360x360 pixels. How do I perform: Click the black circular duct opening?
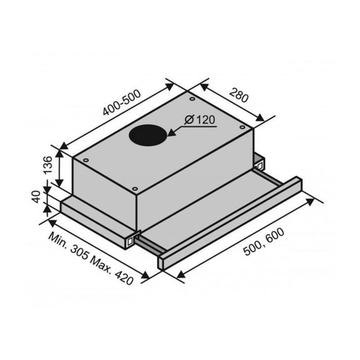click(x=148, y=135)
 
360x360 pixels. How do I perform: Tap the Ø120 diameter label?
click(x=199, y=120)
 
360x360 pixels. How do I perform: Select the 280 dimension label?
click(x=239, y=95)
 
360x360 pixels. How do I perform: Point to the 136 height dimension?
click(x=48, y=165)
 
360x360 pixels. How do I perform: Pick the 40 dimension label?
click(x=36, y=197)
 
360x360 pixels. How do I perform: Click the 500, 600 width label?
click(x=264, y=242)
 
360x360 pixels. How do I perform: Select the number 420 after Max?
click(x=124, y=277)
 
